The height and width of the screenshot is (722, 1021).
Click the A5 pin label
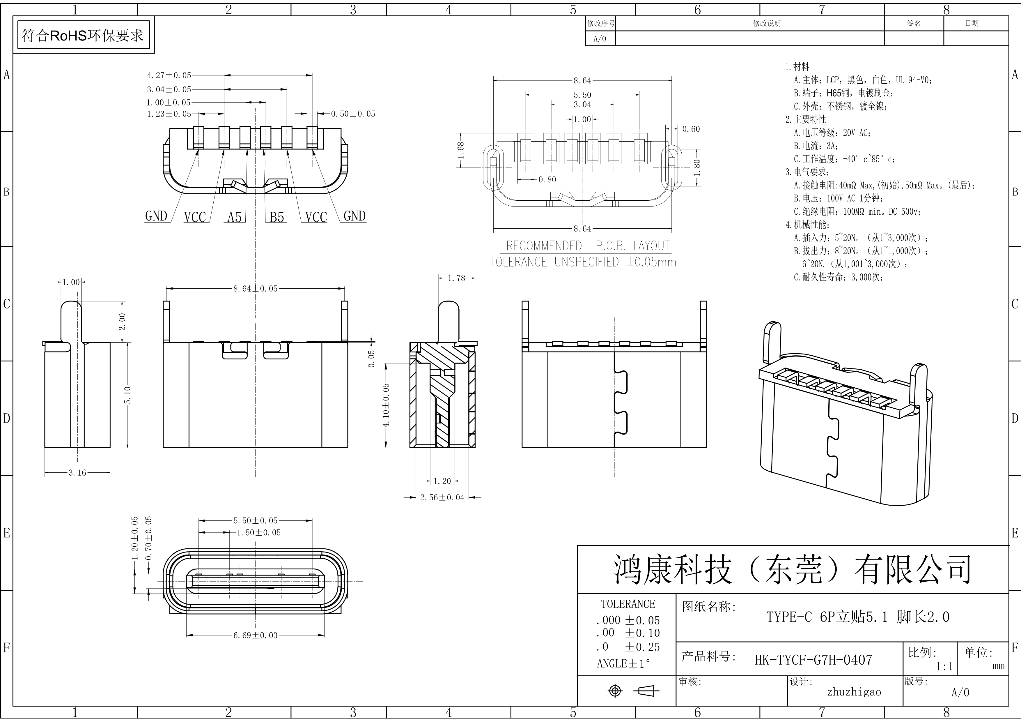pyautogui.click(x=234, y=217)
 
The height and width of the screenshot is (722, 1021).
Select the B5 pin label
pyautogui.click(x=276, y=217)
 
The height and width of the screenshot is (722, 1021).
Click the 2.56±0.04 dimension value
pyautogui.click(x=442, y=497)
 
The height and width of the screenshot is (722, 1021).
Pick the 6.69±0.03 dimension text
pyautogui.click(x=255, y=635)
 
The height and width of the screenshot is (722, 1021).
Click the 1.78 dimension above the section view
pyautogui.click(x=456, y=278)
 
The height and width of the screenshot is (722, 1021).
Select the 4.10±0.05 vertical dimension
pyautogui.click(x=386, y=405)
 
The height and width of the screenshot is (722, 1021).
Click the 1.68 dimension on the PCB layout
pyautogui.click(x=461, y=150)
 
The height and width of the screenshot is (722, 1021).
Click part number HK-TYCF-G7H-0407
pyautogui.click(x=813, y=659)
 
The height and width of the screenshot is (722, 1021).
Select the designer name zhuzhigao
pyautogui.click(x=854, y=692)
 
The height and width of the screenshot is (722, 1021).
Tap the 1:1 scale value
pyautogui.click(x=944, y=666)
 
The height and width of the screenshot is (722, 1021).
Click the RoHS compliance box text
pyautogui.click(x=83, y=35)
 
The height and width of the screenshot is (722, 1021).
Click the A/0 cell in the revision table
pyautogui.click(x=600, y=39)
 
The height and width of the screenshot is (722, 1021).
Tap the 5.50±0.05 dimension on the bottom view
pyautogui.click(x=255, y=520)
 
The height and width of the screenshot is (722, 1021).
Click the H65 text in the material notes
pyautogui.click(x=834, y=93)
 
